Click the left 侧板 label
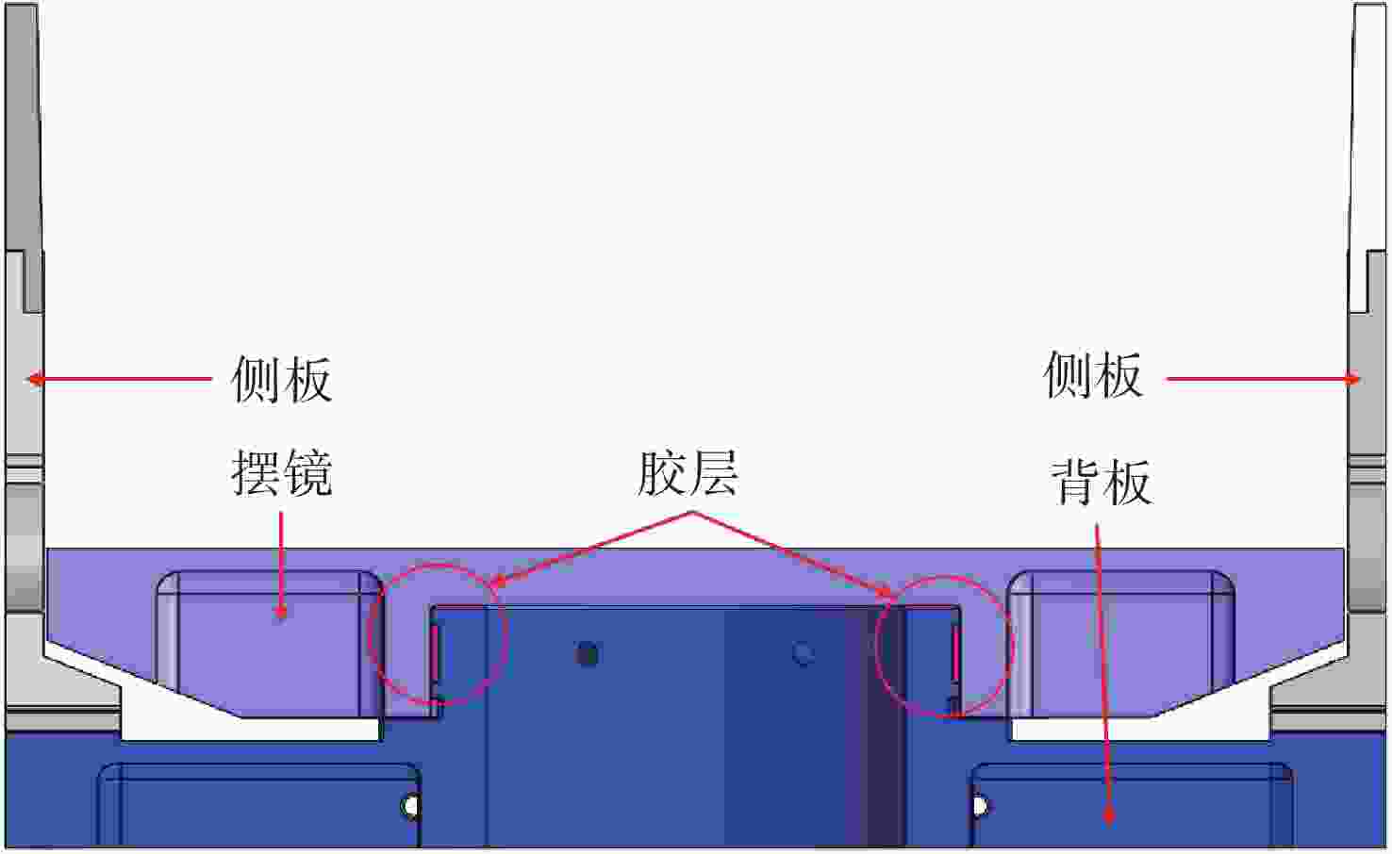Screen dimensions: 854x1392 tap(281, 380)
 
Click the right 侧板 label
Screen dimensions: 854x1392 tap(1093, 375)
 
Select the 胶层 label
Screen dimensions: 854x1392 tap(687, 472)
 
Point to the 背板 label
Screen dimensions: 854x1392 tap(1101, 483)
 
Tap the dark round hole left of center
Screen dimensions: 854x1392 tap(588, 653)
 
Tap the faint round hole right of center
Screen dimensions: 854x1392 tap(804, 652)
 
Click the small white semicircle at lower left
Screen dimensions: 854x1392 tap(411, 807)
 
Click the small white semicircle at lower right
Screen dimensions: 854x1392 tap(980, 807)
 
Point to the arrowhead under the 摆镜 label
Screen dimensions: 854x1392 tap(281, 613)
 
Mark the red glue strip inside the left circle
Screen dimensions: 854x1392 tap(435, 652)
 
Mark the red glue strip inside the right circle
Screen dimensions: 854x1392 tap(955, 652)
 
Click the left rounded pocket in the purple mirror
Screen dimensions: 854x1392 tap(269, 641)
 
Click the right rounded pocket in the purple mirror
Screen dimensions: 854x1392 tap(1122, 641)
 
